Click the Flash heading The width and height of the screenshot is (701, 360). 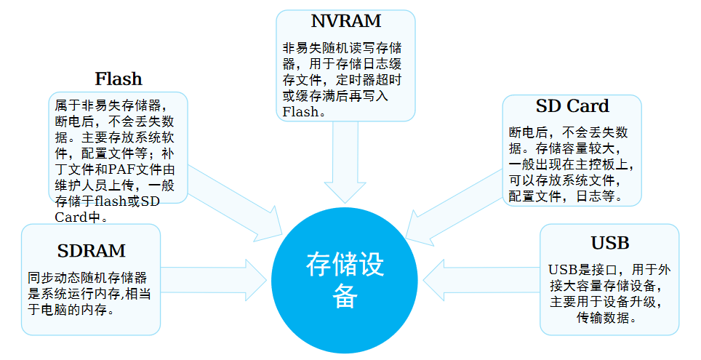pos(118,78)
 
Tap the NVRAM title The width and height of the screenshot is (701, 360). pos(345,21)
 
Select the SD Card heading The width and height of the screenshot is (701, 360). pos(572,106)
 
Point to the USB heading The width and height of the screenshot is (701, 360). pos(609,242)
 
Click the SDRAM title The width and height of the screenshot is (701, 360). pos(91,251)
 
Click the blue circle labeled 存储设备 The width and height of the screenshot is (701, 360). pos(345,280)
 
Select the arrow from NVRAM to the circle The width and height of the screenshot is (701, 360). pos(345,164)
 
